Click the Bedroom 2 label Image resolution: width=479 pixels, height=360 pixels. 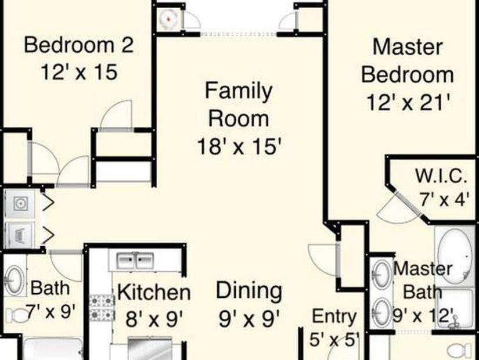(x=79, y=45)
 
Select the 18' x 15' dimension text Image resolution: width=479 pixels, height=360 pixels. (x=239, y=145)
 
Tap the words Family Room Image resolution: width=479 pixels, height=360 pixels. (x=239, y=105)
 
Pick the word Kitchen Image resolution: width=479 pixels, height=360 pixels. (x=153, y=293)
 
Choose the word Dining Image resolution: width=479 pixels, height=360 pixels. (x=249, y=290)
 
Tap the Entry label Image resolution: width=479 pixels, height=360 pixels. (x=334, y=316)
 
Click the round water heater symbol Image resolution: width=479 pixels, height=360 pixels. (x=168, y=19)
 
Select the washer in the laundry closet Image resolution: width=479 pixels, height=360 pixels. (x=20, y=203)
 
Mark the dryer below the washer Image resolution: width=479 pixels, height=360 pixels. (x=20, y=235)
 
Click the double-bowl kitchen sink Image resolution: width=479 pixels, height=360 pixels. (x=135, y=260)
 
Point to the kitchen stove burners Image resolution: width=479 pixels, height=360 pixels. (x=100, y=308)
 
